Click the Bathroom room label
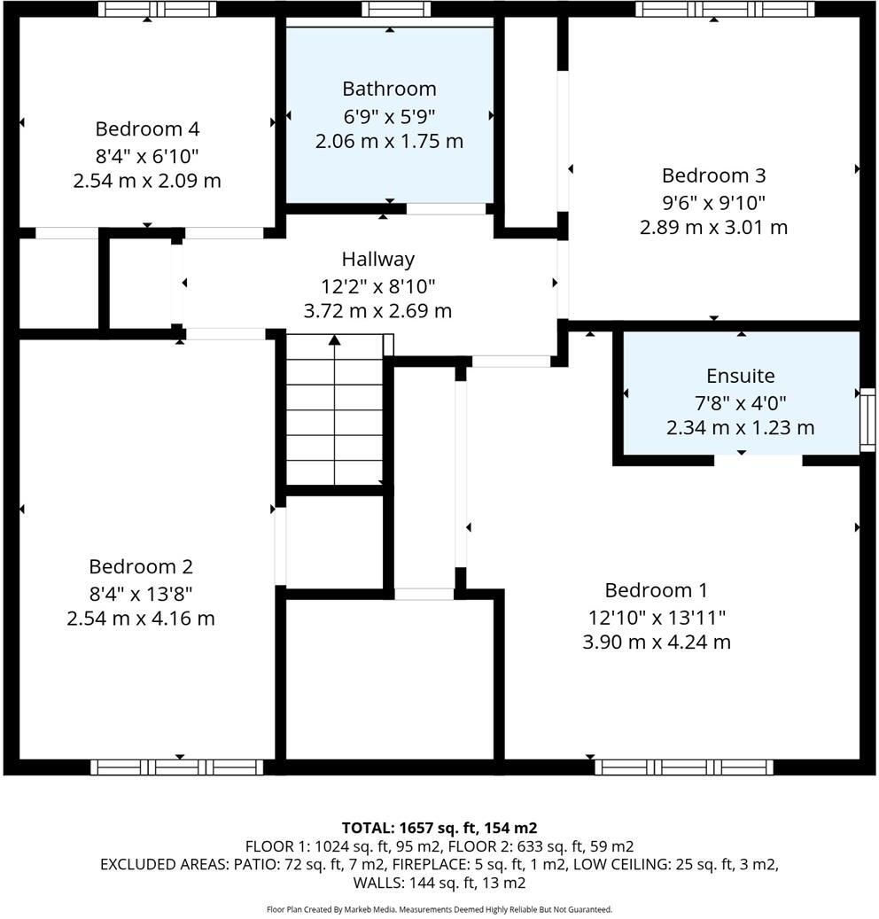pyautogui.click(x=389, y=89)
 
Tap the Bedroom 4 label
pyautogui.click(x=147, y=129)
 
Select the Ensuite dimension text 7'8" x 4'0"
pyautogui.click(x=740, y=401)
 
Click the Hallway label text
pyautogui.click(x=377, y=260)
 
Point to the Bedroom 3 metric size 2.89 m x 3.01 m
pyautogui.click(x=713, y=227)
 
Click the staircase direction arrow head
pyautogui.click(x=334, y=339)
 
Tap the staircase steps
pyautogui.click(x=334, y=417)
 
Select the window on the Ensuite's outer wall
pyautogui.click(x=867, y=419)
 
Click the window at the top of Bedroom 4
pyautogui.click(x=157, y=10)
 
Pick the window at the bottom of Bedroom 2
pyautogui.click(x=178, y=767)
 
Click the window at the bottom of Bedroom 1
pyautogui.click(x=683, y=767)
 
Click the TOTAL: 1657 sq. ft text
pyautogui.click(x=439, y=828)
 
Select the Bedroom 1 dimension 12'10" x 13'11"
pyautogui.click(x=656, y=616)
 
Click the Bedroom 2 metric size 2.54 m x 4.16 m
pyautogui.click(x=141, y=618)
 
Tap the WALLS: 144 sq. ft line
pyautogui.click(x=439, y=883)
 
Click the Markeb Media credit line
pyautogui.click(x=439, y=909)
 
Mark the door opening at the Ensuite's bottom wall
pyautogui.click(x=758, y=460)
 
